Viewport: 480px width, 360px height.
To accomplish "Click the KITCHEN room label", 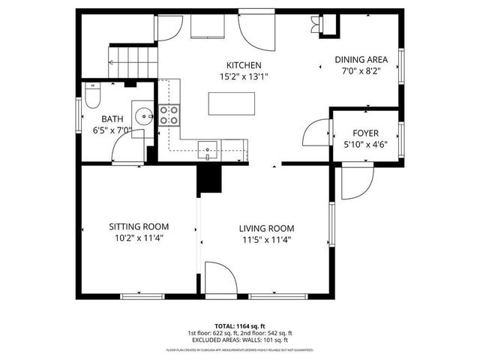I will pyautogui.click(x=244, y=65).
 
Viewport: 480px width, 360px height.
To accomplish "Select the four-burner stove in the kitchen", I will pyautogui.click(x=169, y=115).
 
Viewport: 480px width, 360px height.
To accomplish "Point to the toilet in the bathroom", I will pyautogui.click(x=92, y=97).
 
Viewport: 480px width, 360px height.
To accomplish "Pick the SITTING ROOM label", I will pyautogui.click(x=139, y=226).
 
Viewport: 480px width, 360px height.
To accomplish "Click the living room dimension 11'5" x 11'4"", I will pyautogui.click(x=265, y=240).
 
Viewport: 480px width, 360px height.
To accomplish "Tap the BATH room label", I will pyautogui.click(x=113, y=118).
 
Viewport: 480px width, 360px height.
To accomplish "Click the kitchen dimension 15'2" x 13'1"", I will pyautogui.click(x=244, y=76).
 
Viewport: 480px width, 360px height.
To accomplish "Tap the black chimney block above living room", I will pyautogui.click(x=210, y=180).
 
